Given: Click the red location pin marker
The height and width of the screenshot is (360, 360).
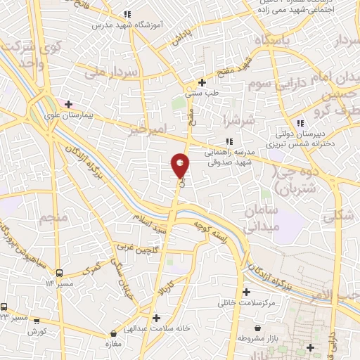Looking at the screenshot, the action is click(180, 166).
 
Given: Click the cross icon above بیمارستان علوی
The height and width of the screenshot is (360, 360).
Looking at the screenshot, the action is click(68, 104).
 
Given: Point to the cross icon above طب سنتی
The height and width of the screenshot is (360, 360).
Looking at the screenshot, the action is click(202, 82).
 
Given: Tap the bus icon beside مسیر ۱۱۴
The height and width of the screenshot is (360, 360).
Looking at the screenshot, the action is click(59, 273).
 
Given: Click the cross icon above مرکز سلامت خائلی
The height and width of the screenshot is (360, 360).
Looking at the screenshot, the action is click(246, 292).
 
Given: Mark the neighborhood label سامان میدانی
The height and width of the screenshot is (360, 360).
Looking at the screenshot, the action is click(262, 219).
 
